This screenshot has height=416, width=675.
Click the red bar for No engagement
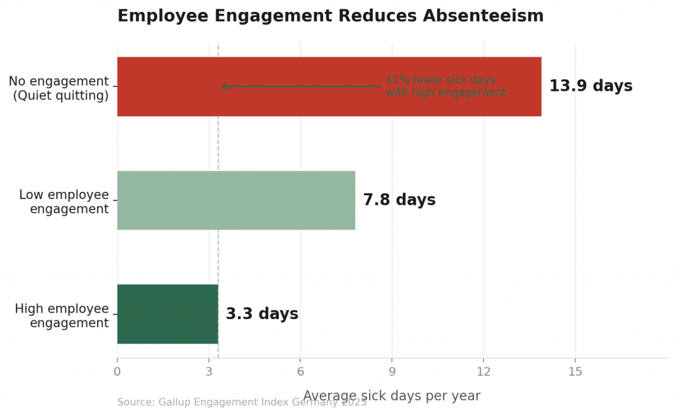[297, 105]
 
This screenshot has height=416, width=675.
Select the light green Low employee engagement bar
[236, 200]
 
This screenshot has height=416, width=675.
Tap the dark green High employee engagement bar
[167, 314]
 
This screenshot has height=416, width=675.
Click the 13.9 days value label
[591, 86]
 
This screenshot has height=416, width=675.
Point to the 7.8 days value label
[399, 200]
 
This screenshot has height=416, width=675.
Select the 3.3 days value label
[262, 314]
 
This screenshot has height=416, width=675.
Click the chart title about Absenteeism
[330, 16]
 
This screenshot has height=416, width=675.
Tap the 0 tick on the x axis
[117, 372]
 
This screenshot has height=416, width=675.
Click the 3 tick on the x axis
[209, 372]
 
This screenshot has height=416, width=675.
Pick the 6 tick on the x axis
[301, 372]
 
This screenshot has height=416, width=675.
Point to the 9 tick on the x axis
[392, 372]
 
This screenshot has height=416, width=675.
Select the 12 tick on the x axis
[484, 372]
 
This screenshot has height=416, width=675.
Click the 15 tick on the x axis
[575, 372]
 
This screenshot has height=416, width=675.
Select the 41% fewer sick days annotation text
[446, 86]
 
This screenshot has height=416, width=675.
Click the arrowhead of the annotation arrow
[223, 86]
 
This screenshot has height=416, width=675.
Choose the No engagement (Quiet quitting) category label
[59, 88]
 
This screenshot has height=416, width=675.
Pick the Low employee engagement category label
[64, 202]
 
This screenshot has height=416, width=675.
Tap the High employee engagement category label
[62, 316]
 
